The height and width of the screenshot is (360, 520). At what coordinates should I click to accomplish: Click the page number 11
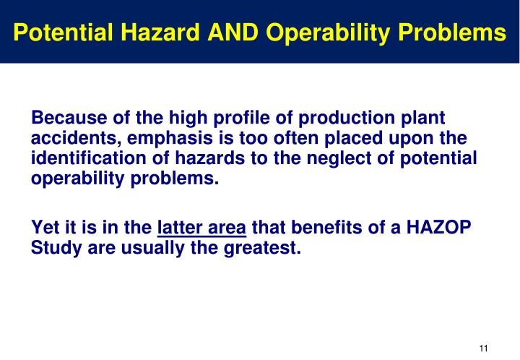(x=484, y=348)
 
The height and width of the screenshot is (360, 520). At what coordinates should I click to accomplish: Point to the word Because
(x=66, y=118)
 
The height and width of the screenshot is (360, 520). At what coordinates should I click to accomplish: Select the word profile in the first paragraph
(x=235, y=118)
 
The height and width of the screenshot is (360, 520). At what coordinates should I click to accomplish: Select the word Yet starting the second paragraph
(x=45, y=229)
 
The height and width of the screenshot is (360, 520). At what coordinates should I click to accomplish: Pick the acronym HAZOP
(x=440, y=229)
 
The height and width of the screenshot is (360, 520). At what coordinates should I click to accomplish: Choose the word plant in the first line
(x=422, y=118)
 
